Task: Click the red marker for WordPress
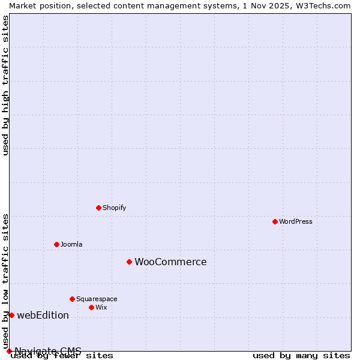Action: [275, 221]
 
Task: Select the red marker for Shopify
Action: [98, 208]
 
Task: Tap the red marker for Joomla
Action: [56, 244]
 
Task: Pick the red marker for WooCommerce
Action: [129, 262]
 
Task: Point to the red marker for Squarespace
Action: [72, 299]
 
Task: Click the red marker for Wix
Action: [91, 307]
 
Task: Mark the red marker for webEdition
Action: [11, 315]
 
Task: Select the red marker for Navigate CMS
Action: [9, 351]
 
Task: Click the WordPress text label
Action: [296, 221]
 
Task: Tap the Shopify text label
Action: [114, 208]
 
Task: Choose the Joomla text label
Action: [71, 244]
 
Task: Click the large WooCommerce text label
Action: [170, 262]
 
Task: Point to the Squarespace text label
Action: [97, 299]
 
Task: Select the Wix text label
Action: [101, 307]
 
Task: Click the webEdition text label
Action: [43, 315]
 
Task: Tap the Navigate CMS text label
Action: [48, 350]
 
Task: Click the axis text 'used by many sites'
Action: [301, 356]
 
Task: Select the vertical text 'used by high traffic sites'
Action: [5, 85]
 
